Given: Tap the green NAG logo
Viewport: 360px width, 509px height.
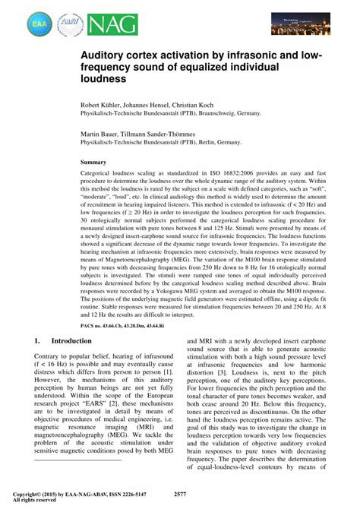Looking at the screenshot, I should pos(112,25).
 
